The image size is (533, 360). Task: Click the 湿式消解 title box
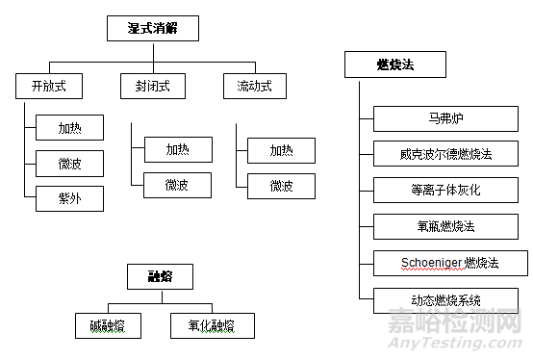point(153,29)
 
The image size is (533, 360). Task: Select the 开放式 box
point(47,87)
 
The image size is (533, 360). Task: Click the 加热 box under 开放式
point(69,128)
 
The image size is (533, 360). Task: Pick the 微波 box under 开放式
point(69,164)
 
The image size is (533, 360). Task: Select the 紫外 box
point(69,199)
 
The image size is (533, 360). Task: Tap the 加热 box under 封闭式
point(177,150)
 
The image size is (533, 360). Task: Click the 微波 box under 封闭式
point(177,185)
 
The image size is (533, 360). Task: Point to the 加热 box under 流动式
point(282,150)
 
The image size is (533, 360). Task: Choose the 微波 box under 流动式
point(282,185)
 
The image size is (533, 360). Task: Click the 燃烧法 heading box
point(395,65)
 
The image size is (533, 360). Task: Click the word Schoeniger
point(432,261)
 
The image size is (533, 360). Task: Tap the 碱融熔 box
point(108,326)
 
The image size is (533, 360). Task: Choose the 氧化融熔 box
point(214,326)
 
